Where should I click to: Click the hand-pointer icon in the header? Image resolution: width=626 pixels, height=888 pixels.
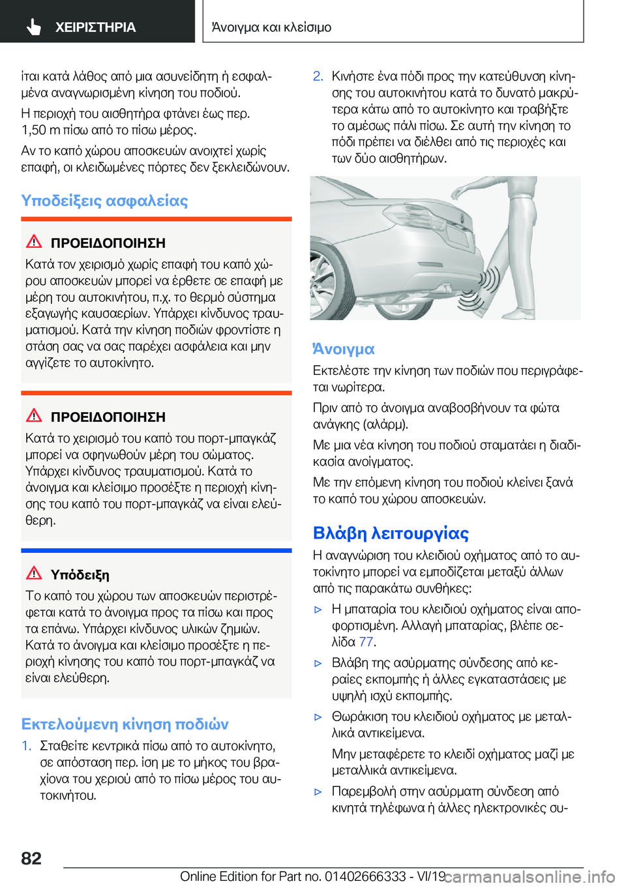tap(33, 27)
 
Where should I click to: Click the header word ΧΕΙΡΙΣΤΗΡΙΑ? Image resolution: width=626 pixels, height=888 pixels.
tap(95, 27)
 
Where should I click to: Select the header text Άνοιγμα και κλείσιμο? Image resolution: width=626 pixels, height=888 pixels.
tap(271, 27)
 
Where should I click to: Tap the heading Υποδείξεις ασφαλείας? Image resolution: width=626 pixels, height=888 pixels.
tap(104, 200)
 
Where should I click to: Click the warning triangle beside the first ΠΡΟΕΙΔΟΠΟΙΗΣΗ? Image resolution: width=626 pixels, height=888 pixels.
tap(34, 241)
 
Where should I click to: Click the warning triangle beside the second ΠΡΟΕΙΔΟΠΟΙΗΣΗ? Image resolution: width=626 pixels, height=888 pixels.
tap(34, 415)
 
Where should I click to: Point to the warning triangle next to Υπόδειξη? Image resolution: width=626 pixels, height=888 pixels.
tap(34, 573)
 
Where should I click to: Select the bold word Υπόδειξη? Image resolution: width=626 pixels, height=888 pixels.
tap(80, 574)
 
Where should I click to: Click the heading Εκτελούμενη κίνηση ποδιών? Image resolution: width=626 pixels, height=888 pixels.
tap(125, 724)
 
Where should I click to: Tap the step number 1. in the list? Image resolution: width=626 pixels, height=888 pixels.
tap(26, 745)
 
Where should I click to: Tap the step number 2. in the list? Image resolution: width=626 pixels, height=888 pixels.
tap(318, 76)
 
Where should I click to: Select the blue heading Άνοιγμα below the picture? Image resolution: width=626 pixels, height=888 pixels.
tap(344, 349)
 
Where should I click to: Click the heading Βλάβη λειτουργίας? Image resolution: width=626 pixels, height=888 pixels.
tap(391, 533)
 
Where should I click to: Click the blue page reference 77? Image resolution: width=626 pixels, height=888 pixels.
tap(366, 642)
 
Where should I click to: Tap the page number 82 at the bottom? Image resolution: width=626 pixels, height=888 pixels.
tap(31, 858)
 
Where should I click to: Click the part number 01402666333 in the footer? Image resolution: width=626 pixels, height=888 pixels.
tap(365, 876)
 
